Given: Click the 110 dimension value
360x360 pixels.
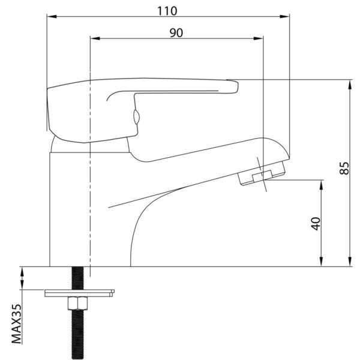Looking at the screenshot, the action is point(167,11).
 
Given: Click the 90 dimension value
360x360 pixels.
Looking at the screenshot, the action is point(176,33).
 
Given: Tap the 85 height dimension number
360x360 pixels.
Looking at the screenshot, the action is point(344,168).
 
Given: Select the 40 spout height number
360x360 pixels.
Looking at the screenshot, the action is point(316,223).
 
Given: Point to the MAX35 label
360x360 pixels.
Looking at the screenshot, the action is point(17,324).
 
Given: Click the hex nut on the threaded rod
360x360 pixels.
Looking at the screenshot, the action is point(78,303).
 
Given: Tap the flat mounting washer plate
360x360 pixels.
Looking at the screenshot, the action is point(79,293).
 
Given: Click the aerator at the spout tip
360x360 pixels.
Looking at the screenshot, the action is point(262,173).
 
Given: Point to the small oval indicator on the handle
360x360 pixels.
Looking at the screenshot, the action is point(136,117).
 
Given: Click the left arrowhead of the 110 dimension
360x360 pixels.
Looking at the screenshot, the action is point(52,17).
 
